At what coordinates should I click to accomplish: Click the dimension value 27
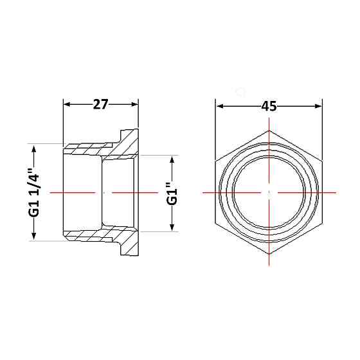(x=100, y=104)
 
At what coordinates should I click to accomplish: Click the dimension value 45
(x=269, y=106)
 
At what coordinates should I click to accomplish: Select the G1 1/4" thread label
(x=33, y=193)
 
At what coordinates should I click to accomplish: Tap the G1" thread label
(x=172, y=194)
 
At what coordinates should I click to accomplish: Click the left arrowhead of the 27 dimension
(x=67, y=104)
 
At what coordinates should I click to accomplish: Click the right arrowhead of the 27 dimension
(x=134, y=104)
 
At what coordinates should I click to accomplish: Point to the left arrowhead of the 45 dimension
(x=220, y=106)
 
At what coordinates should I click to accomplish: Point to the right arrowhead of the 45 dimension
(x=318, y=106)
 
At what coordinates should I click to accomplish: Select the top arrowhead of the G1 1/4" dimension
(x=33, y=149)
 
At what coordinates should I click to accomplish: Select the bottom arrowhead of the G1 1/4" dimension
(x=33, y=236)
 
